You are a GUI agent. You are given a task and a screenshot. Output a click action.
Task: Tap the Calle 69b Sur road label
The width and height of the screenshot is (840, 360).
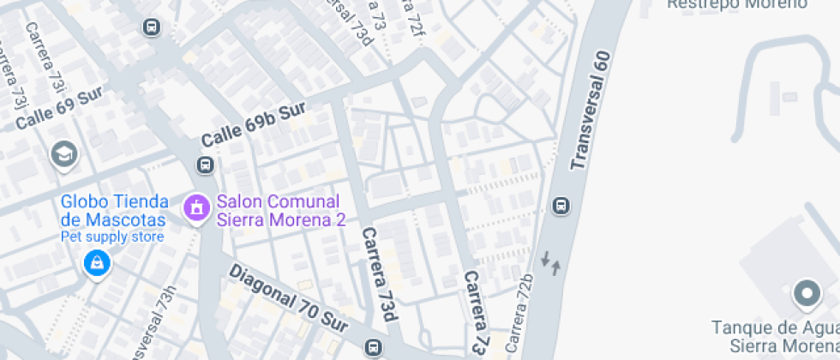point(254,123)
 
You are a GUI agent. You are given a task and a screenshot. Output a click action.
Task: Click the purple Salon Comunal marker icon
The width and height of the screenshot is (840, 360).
point(196,207)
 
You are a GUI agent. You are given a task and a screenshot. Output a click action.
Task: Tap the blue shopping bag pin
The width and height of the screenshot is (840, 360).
point(97,262)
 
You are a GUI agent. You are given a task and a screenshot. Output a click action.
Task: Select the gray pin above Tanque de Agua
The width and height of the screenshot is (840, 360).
point(806,294)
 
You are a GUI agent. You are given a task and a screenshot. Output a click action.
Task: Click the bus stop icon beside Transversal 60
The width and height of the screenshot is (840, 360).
point(561,206)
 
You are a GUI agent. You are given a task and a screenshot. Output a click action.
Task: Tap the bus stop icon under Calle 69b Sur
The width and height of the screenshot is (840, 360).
point(206,165)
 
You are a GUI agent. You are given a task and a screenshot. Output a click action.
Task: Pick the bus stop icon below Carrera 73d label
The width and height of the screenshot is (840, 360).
point(373,348)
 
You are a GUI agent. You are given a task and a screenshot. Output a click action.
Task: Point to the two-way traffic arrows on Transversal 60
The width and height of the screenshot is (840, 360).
point(551,261)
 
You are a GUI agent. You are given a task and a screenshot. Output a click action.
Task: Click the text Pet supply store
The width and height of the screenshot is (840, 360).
point(111,236)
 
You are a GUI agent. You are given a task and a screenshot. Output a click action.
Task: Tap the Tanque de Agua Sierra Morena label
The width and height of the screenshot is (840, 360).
point(774,335)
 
